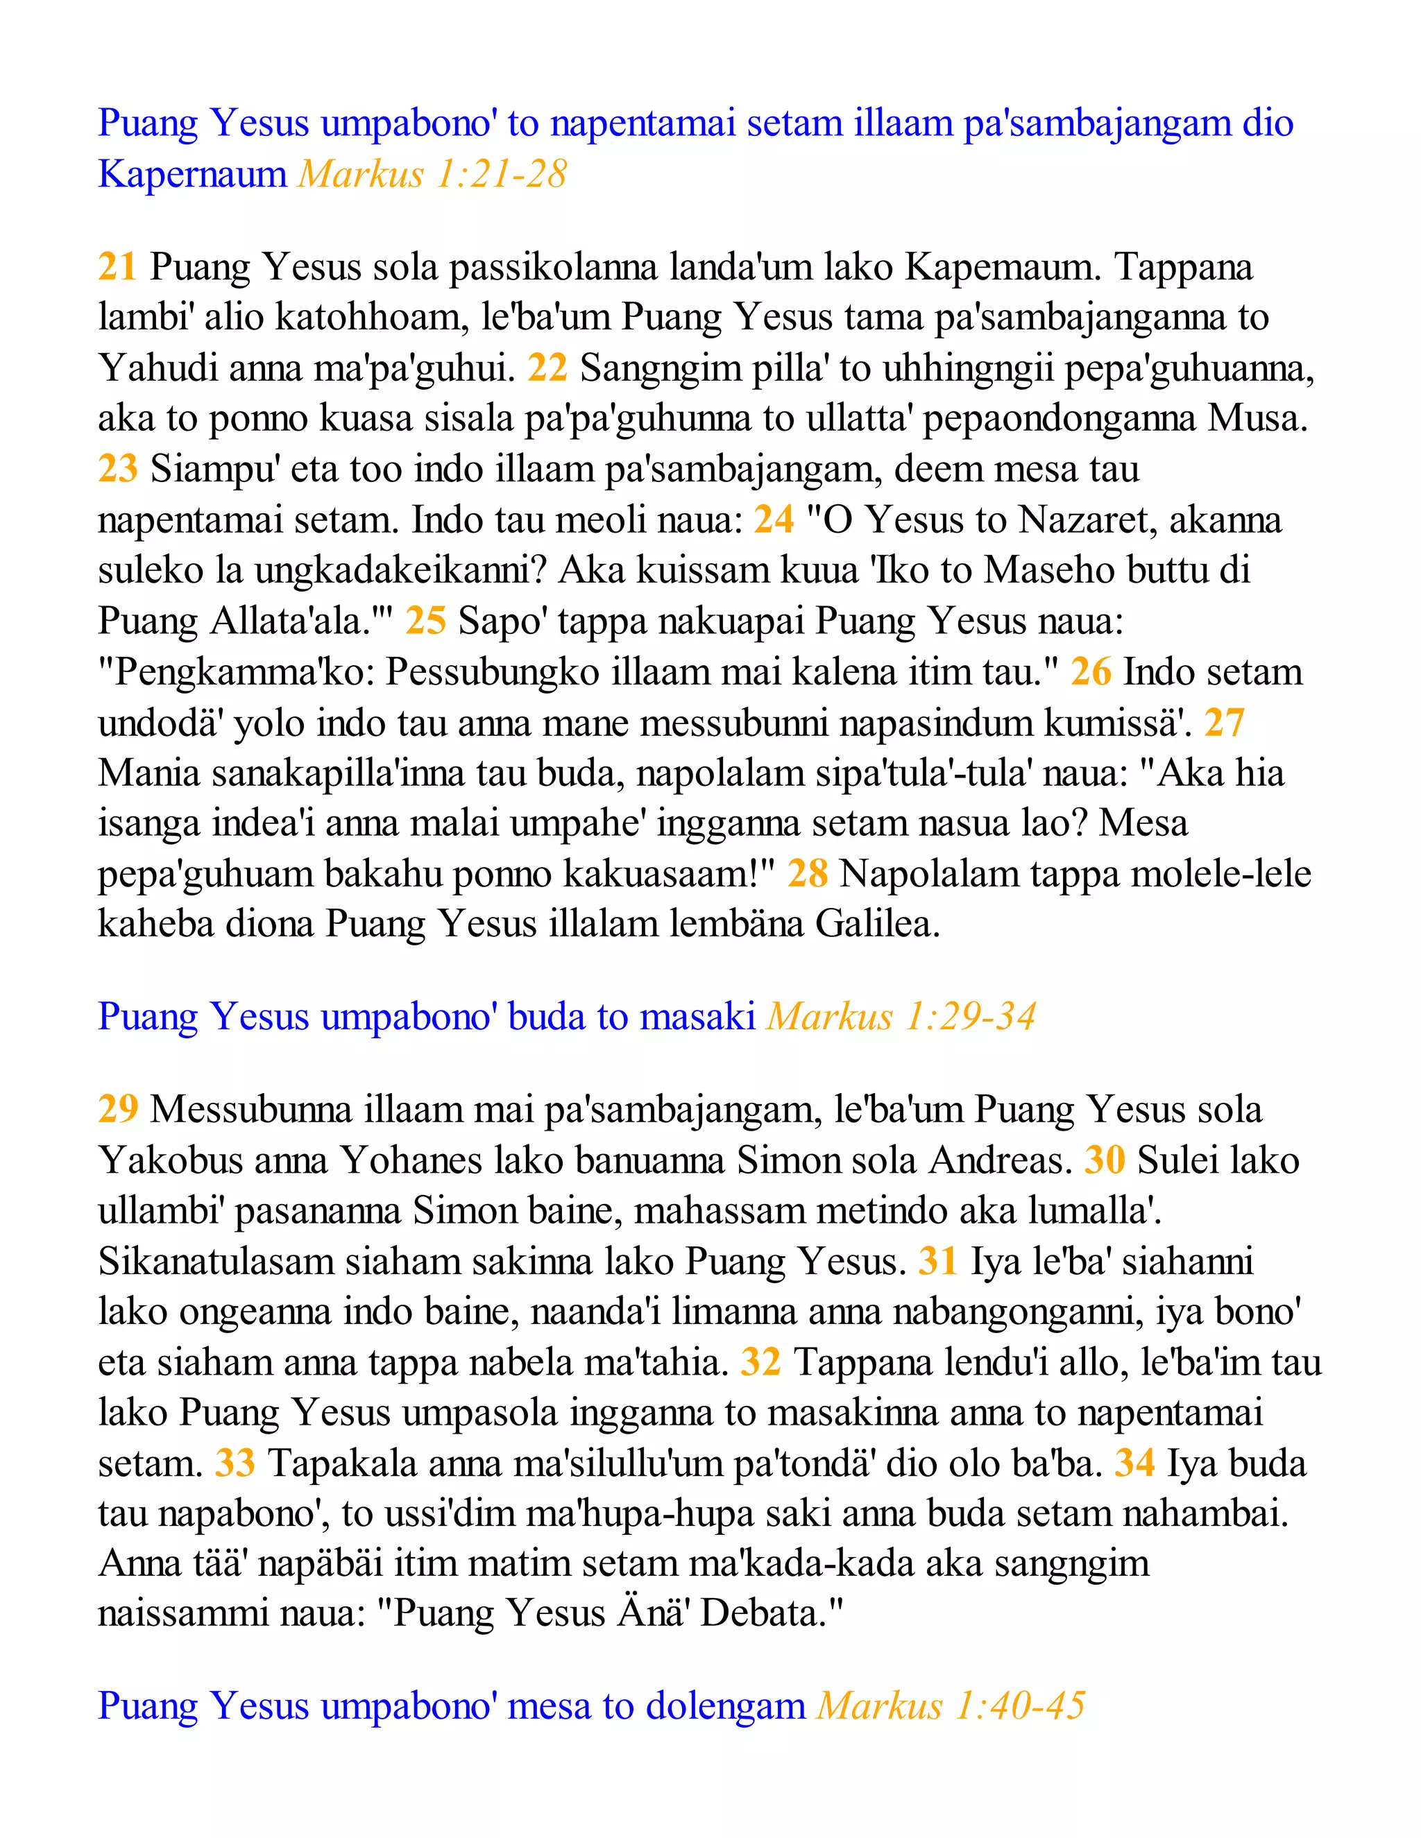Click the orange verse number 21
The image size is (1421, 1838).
117,267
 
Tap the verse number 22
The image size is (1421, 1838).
547,368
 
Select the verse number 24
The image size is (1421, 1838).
773,519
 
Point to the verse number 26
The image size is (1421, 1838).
1090,671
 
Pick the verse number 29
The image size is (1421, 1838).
117,1109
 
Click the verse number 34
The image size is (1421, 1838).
1134,1463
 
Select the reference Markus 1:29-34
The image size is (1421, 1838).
901,1017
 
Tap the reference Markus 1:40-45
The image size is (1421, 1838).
951,1707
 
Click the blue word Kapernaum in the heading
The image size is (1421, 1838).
193,174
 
